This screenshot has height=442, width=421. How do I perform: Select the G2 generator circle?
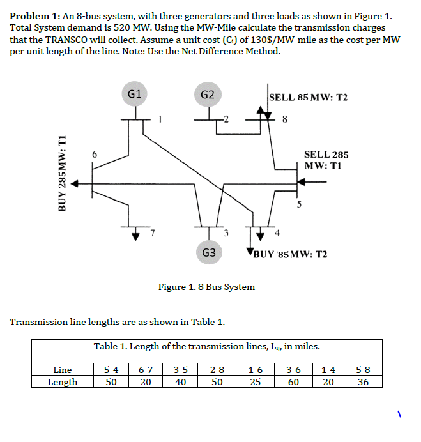tap(208, 95)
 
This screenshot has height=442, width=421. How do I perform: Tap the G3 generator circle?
tap(208, 252)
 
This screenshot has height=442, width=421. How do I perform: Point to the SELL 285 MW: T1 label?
tap(326, 160)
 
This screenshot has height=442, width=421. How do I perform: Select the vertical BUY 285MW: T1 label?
tap(62, 174)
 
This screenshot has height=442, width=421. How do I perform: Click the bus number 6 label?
tap(95, 155)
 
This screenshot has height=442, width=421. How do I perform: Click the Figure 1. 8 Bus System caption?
tap(206, 287)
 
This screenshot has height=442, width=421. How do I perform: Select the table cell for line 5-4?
tap(111, 369)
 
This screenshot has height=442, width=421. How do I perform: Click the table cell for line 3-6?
tap(293, 369)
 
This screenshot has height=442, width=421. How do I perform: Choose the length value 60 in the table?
tap(293, 382)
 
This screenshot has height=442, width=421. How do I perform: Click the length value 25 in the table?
tap(255, 382)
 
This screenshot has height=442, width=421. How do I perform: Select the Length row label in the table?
tap(63, 382)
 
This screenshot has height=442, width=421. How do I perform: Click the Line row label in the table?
tap(63, 369)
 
